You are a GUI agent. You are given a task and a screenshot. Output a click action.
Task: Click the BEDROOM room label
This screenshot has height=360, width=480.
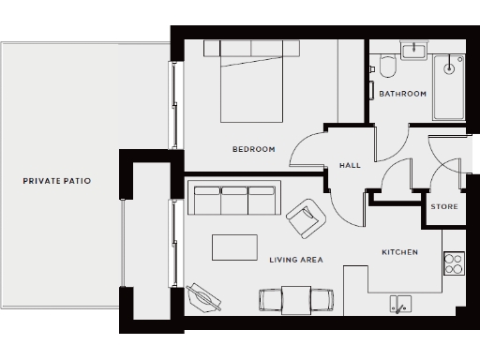pyautogui.click(x=253, y=150)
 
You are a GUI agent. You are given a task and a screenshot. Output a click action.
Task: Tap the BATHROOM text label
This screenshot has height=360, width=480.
pyautogui.click(x=402, y=94)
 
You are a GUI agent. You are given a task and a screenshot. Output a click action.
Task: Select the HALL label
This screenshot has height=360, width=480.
pyautogui.click(x=350, y=166)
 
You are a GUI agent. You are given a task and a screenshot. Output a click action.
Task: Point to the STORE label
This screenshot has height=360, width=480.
pyautogui.click(x=443, y=206)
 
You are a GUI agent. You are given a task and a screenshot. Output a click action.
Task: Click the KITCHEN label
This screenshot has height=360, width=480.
pyautogui.click(x=399, y=253)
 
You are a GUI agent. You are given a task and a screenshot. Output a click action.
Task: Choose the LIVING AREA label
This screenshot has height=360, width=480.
pyautogui.click(x=295, y=260)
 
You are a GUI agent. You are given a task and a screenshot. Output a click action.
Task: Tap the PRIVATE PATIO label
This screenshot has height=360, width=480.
pyautogui.click(x=57, y=180)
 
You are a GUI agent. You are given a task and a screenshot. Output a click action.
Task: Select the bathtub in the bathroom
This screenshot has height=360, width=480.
pyautogui.click(x=449, y=86)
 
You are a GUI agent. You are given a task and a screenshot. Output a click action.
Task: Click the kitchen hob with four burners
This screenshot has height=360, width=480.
pyautogui.click(x=454, y=263)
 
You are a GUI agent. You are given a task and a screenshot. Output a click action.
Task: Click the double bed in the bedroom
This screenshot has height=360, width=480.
pyautogui.click(x=252, y=82)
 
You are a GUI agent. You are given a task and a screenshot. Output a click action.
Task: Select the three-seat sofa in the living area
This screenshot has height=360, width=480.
pyautogui.click(x=234, y=200)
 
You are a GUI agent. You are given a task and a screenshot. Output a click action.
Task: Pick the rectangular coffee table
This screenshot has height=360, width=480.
pyautogui.click(x=234, y=247)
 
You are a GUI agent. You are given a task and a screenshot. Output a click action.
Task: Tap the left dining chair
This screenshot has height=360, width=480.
pyautogui.click(x=271, y=300)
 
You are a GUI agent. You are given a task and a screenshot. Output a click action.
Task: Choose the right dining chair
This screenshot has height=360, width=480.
pyautogui.click(x=320, y=300)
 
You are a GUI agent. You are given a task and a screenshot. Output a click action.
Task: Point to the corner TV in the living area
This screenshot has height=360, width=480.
pyautogui.click(x=204, y=296)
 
